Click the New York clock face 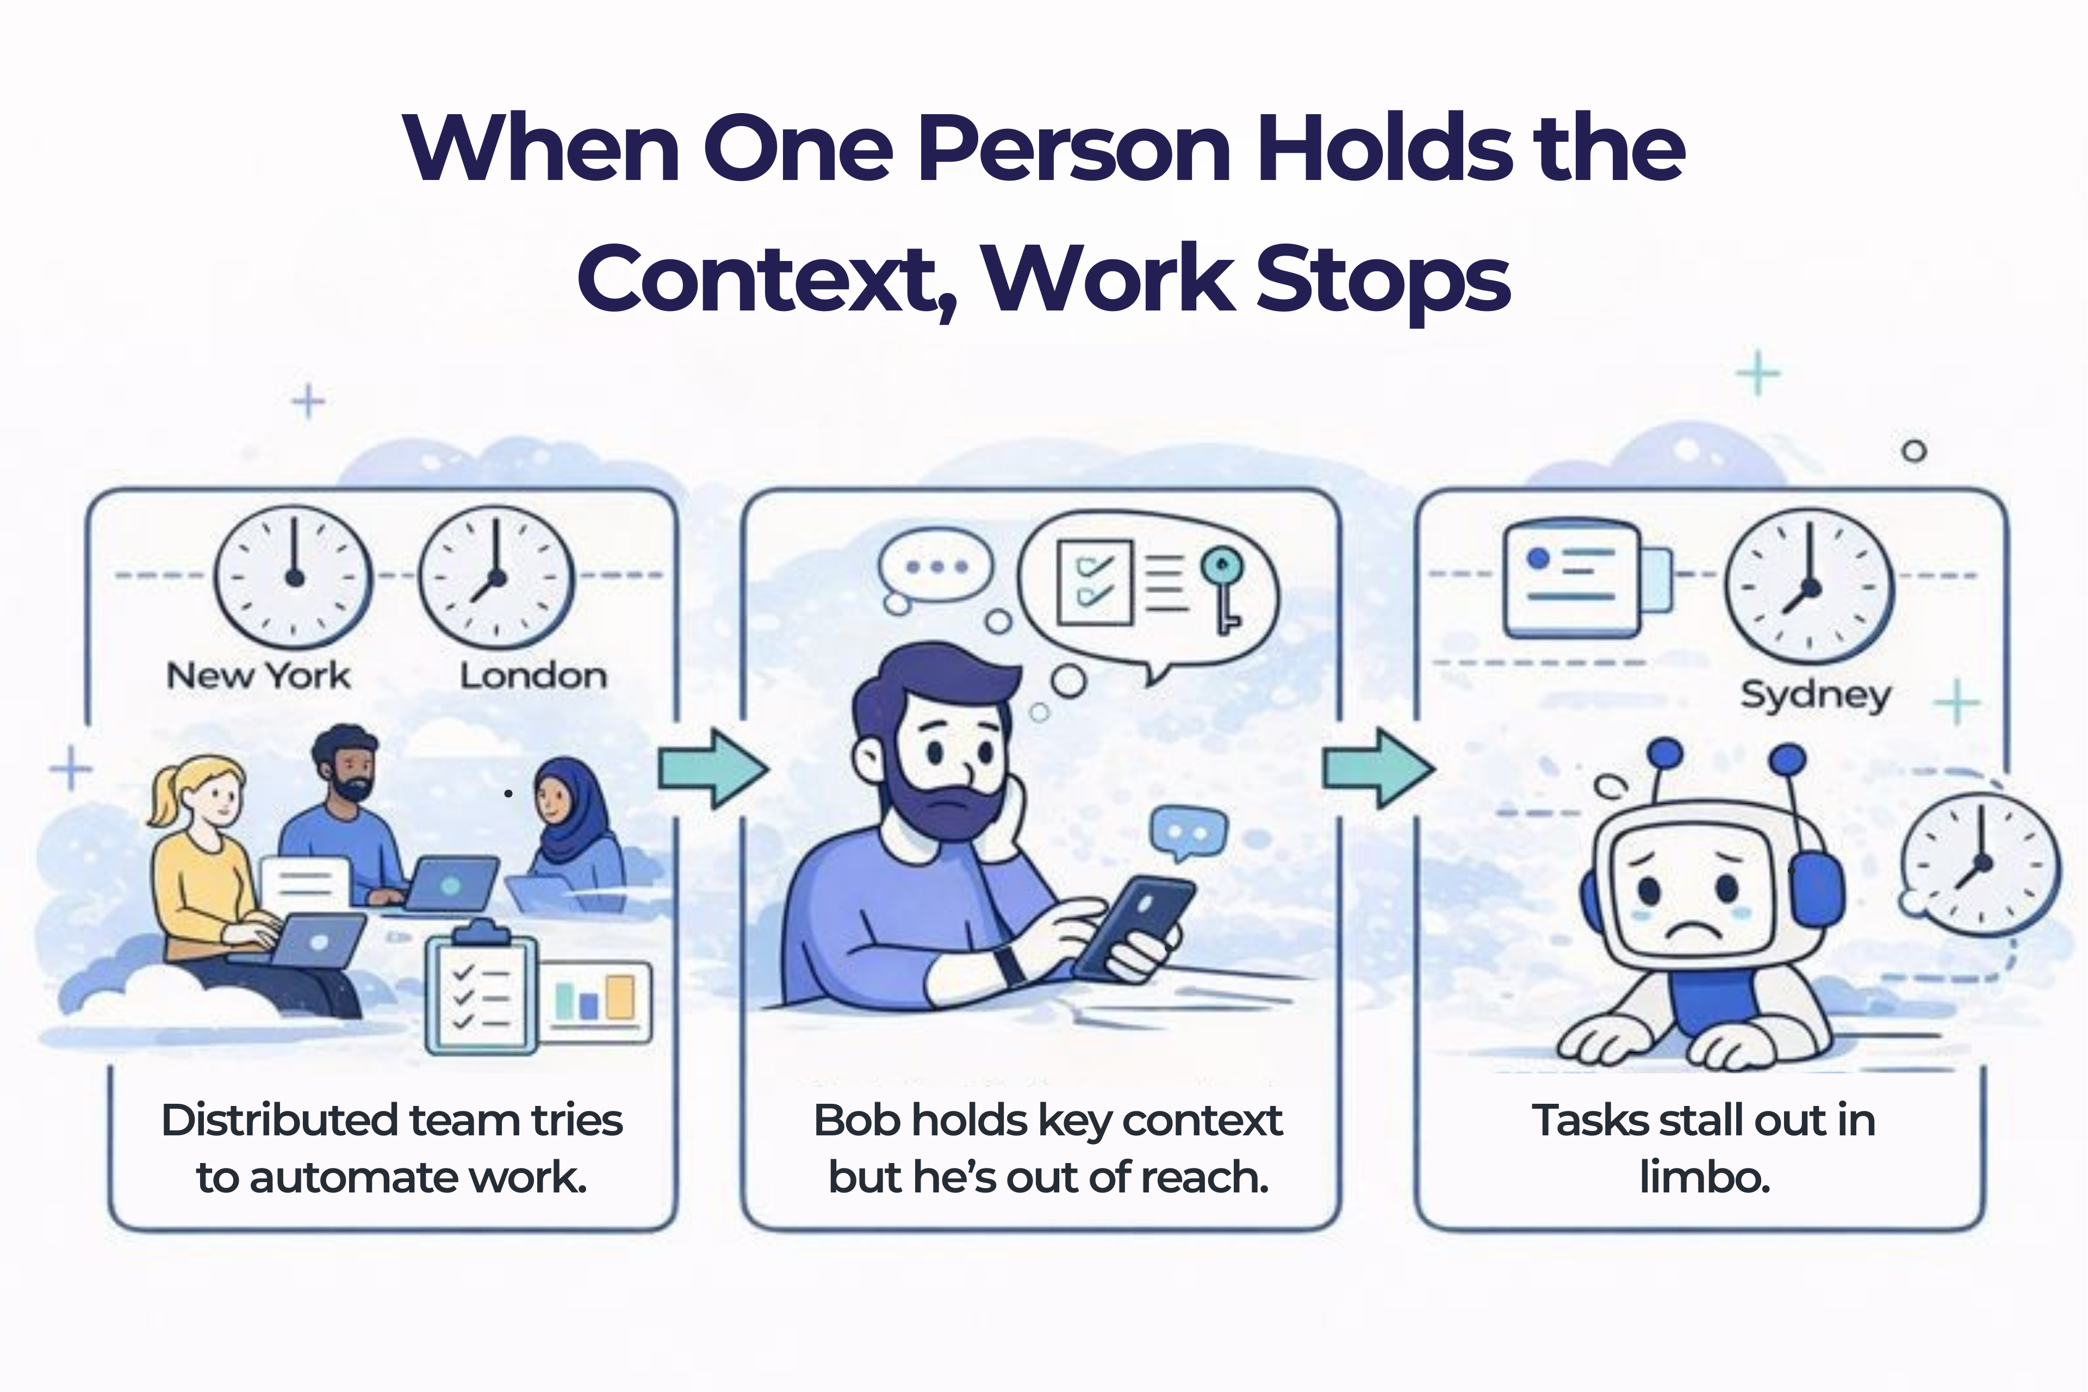(294, 577)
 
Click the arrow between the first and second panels (711, 769)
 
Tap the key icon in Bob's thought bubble (1222, 587)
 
